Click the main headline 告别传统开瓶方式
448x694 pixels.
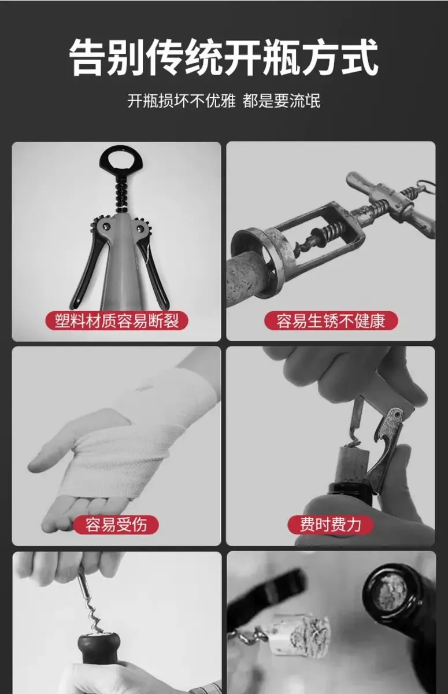pyautogui.click(x=224, y=58)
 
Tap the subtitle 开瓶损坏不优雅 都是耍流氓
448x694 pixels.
pyautogui.click(x=224, y=101)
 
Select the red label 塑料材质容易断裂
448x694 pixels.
pyautogui.click(x=117, y=320)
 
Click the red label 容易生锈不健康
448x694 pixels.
pyautogui.click(x=331, y=320)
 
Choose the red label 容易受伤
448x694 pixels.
pyautogui.click(x=116, y=525)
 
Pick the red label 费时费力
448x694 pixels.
pyautogui.click(x=330, y=525)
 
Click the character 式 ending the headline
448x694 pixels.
pyautogui.click(x=360, y=58)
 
